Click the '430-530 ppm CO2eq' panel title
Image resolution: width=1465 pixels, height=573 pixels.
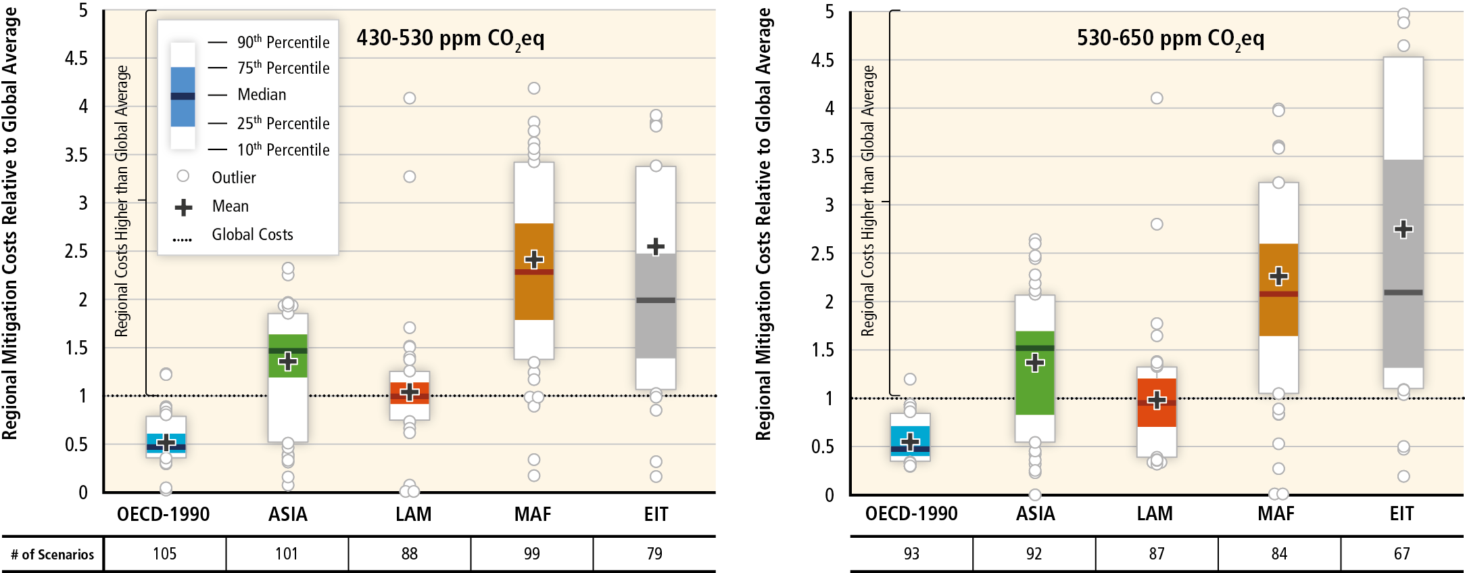(x=450, y=39)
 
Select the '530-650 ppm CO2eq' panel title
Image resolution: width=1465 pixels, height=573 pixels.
(x=1170, y=39)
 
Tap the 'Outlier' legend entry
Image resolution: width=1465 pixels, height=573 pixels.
(x=233, y=177)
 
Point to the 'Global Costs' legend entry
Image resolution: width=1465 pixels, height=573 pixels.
(x=252, y=235)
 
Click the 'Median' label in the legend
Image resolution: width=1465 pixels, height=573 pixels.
(x=262, y=95)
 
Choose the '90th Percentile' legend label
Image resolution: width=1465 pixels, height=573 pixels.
(x=283, y=42)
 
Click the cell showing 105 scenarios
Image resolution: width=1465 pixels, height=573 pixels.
(x=164, y=554)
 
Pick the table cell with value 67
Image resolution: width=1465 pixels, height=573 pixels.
(x=1401, y=554)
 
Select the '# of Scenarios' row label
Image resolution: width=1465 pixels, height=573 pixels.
(x=53, y=555)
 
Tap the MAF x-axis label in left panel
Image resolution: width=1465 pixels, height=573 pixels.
(x=533, y=515)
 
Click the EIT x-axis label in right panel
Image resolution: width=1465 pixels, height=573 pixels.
(x=1401, y=514)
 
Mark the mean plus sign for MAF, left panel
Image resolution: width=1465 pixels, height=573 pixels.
(x=534, y=259)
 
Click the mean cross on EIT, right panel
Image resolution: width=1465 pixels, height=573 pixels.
(x=1403, y=229)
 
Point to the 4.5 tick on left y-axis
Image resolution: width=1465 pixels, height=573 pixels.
(x=76, y=58)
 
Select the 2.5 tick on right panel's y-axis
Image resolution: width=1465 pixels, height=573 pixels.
(x=823, y=254)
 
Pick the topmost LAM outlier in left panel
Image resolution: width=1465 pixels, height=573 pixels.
(x=410, y=98)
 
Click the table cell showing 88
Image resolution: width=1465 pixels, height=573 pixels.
(x=409, y=554)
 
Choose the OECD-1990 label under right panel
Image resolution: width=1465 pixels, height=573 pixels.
(x=911, y=514)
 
